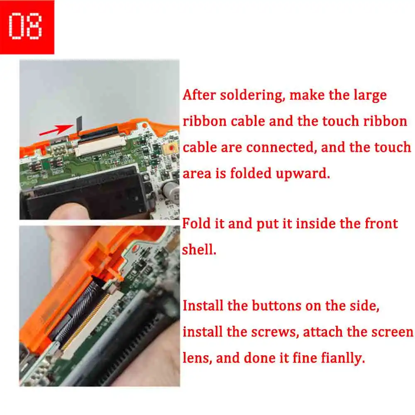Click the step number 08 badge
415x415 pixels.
tap(27, 27)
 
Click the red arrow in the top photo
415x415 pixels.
tap(56, 129)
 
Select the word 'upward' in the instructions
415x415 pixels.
tap(303, 173)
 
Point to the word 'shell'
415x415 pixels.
tap(199, 249)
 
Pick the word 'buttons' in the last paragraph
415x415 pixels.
tap(276, 306)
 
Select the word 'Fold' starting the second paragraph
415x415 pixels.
tap(196, 224)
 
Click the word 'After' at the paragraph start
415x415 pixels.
tap(199, 95)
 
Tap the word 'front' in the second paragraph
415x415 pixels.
tap(381, 224)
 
